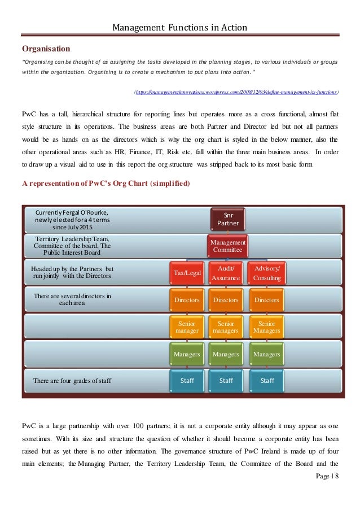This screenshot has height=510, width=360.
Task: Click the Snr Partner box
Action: [228, 219]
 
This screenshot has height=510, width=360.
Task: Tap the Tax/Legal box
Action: [186, 273]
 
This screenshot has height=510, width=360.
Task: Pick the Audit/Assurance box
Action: [226, 273]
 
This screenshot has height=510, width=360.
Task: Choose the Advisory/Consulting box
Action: [267, 273]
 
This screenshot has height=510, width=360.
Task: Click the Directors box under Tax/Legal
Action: [186, 300]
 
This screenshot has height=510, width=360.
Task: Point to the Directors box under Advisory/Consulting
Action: [267, 300]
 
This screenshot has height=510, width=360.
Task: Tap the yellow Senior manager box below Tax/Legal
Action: [186, 327]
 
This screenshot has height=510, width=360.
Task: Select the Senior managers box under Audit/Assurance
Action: [226, 327]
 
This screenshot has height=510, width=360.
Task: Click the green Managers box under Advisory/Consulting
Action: [267, 354]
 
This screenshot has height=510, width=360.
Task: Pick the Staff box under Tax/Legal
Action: [186, 381]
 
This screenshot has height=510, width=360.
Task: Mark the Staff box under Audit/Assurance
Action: [226, 381]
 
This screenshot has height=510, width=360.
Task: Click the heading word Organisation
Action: [46, 49]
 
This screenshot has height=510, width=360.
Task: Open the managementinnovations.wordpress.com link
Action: [236, 91]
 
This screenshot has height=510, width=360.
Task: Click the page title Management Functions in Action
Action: [179, 27]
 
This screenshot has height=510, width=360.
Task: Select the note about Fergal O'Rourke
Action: [72, 220]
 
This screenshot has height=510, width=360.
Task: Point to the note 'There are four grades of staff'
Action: [72, 381]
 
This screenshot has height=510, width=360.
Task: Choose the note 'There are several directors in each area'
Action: [72, 299]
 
